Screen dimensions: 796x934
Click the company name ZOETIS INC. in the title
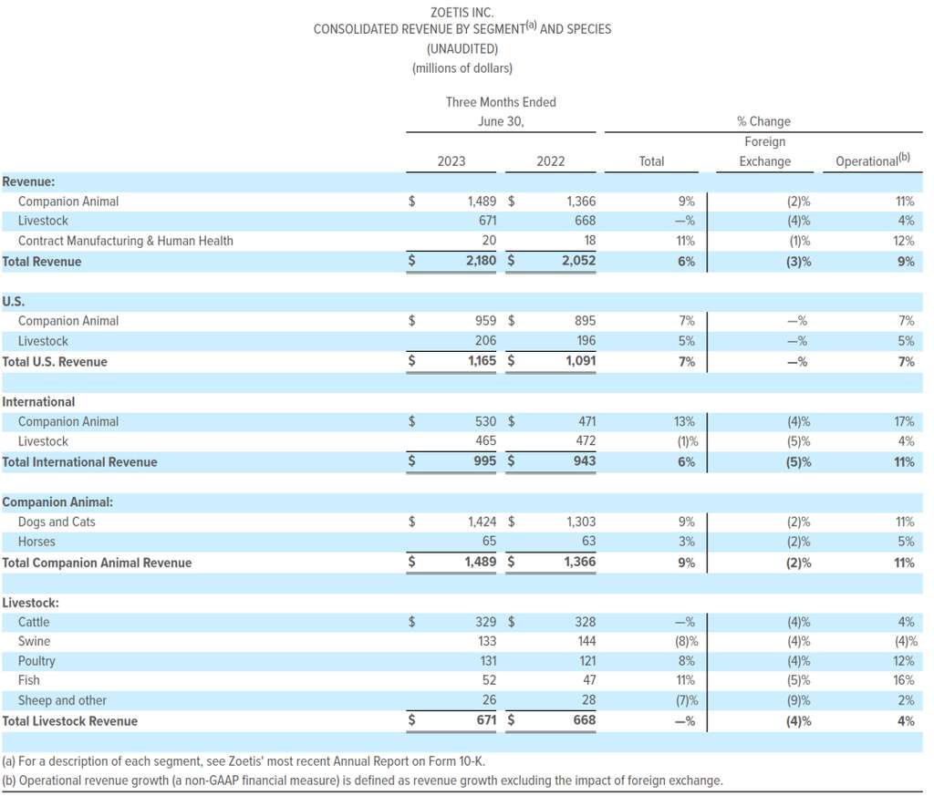pyautogui.click(x=462, y=12)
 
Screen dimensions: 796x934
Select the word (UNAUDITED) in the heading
pyautogui.click(x=462, y=48)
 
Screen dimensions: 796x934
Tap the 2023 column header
pyautogui.click(x=451, y=161)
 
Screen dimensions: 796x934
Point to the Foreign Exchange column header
pyautogui.click(x=764, y=151)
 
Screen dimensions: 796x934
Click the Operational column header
pyautogui.click(x=873, y=161)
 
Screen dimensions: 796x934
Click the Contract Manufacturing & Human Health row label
pyautogui.click(x=125, y=242)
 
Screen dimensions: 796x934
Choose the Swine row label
pyautogui.click(x=34, y=641)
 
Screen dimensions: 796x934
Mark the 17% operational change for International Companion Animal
pyautogui.click(x=904, y=422)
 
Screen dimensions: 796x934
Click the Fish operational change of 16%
pyautogui.click(x=904, y=681)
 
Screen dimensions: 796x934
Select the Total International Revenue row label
pyautogui.click(x=79, y=462)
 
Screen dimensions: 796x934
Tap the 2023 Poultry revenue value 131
pyautogui.click(x=485, y=661)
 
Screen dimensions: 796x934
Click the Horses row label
pyautogui.click(x=36, y=543)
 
